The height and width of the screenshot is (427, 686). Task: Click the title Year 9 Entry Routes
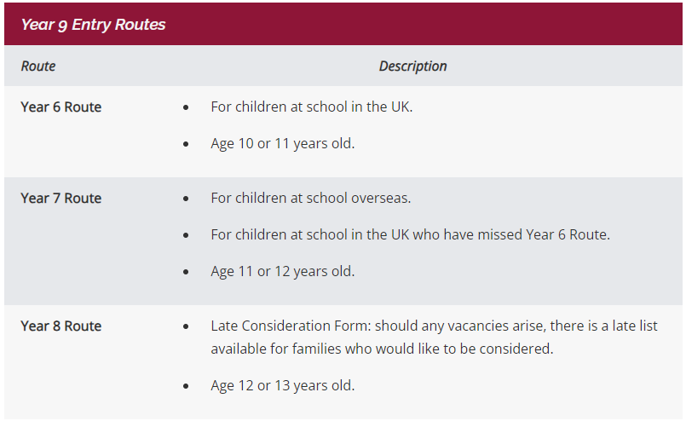[x=93, y=25]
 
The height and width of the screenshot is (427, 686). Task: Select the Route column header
[x=38, y=66]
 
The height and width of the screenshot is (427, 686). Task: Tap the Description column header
[x=412, y=66]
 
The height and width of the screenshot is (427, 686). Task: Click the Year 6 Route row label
[x=61, y=107]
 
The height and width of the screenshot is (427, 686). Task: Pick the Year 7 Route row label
[x=61, y=199]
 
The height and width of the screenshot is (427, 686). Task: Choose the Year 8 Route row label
[x=61, y=326]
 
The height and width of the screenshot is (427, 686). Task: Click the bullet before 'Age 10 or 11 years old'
[x=186, y=144]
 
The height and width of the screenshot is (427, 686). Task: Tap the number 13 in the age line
[x=282, y=385]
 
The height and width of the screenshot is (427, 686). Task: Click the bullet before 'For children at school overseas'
[x=186, y=199]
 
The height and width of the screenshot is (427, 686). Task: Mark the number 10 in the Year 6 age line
[x=246, y=143]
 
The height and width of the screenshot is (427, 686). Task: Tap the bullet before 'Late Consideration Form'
[x=186, y=326]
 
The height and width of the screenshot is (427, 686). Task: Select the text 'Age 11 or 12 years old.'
[x=283, y=272]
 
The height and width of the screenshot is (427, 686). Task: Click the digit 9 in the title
[x=62, y=26]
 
